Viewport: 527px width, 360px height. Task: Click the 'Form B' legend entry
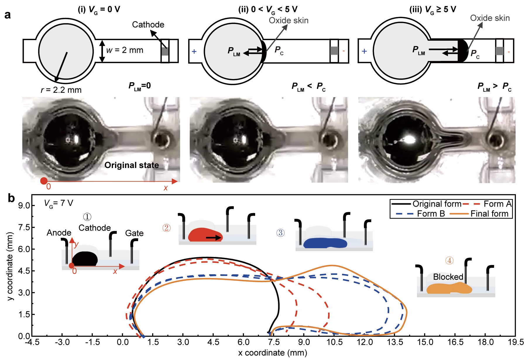tap(431, 214)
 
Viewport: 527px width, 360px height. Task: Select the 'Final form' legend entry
tap(489, 214)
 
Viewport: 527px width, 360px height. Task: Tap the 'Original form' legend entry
tap(437, 204)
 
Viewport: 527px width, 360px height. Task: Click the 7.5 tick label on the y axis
tap(24, 228)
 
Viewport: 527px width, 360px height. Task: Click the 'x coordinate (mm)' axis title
tap(272, 353)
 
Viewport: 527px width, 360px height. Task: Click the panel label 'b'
tap(11, 198)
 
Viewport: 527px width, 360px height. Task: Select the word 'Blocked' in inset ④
tap(448, 277)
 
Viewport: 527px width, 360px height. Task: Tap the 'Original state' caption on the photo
tap(132, 165)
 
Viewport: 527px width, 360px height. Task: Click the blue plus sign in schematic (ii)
tap(194, 52)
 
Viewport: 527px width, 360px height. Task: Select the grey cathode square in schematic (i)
tap(165, 52)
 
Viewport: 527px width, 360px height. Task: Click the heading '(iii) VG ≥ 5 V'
tap(432, 9)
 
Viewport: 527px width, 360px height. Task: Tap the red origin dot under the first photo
tap(44, 181)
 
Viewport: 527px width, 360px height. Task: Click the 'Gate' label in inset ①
tap(134, 233)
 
